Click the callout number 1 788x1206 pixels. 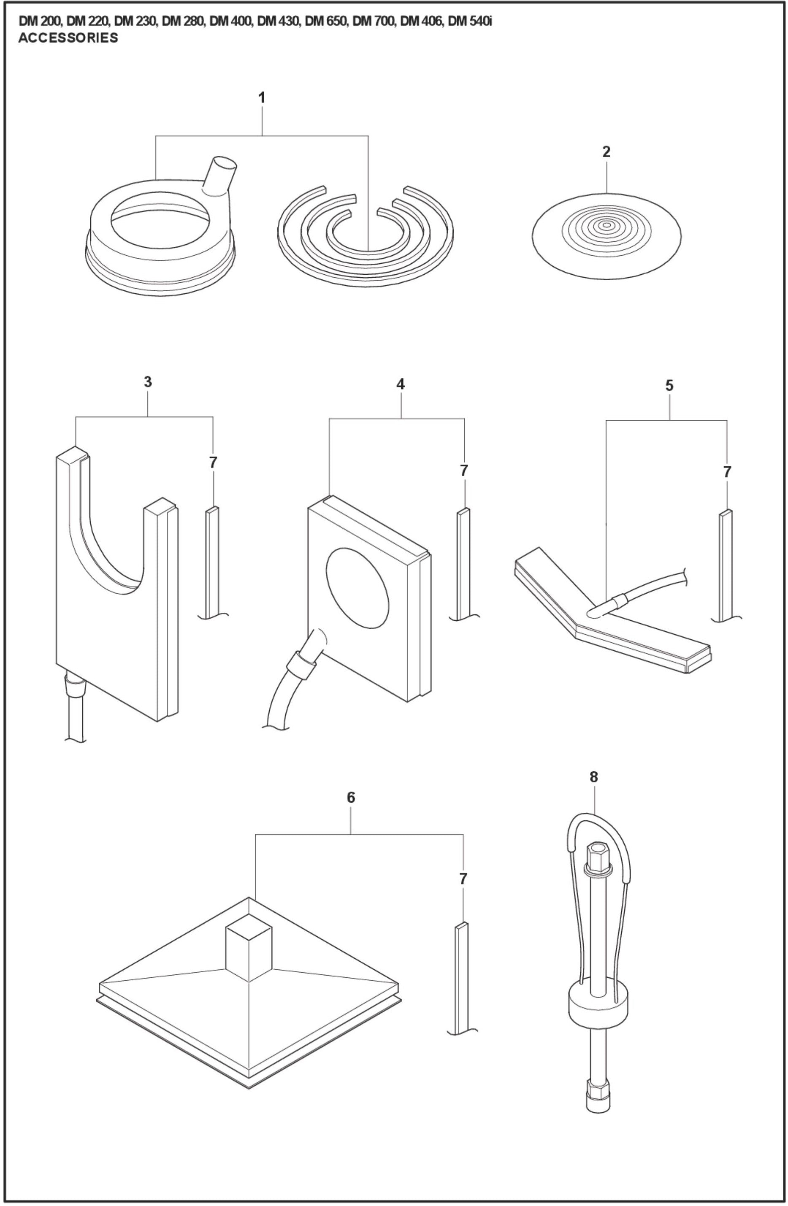[262, 97]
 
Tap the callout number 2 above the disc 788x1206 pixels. [606, 151]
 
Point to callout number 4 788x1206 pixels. [401, 384]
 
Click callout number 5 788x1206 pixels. [669, 386]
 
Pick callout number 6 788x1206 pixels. [351, 798]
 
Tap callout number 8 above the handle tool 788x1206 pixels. [594, 777]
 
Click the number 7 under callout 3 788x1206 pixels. [213, 462]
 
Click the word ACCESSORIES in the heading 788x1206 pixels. [68, 38]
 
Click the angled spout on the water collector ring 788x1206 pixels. [220, 175]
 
